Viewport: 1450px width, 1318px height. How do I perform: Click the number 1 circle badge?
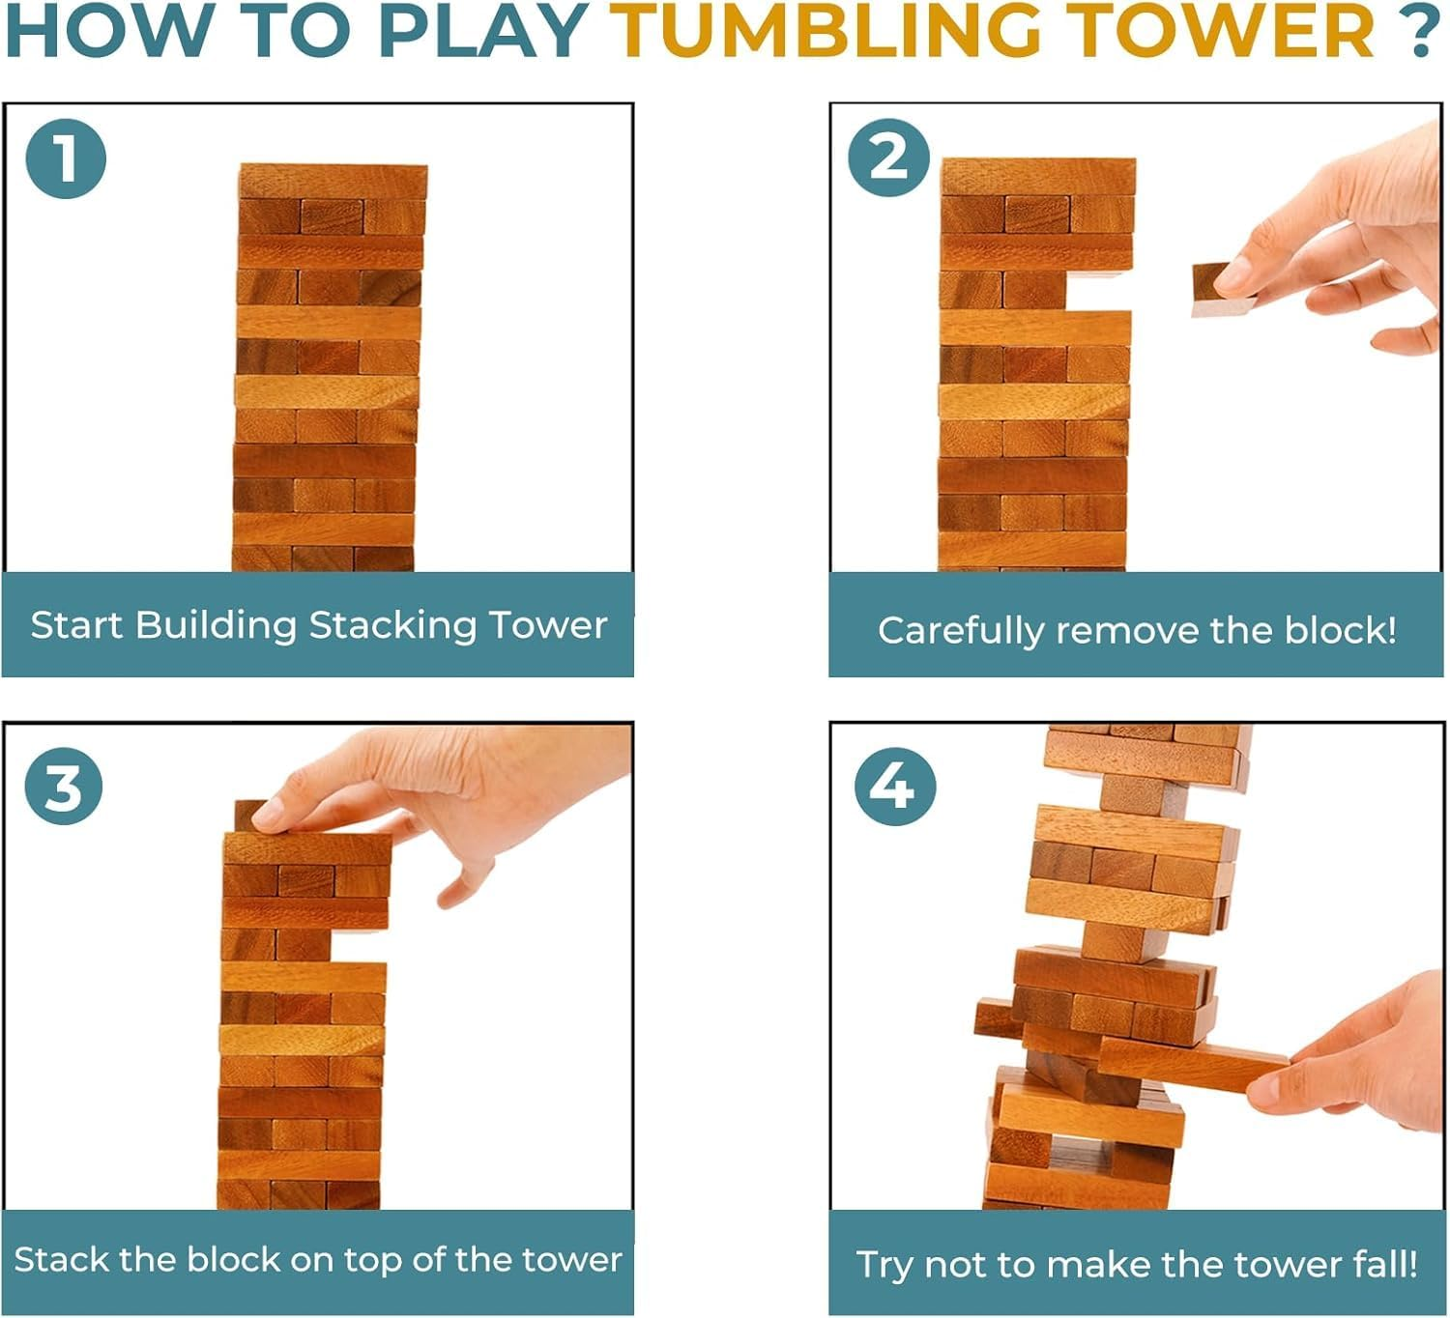[65, 158]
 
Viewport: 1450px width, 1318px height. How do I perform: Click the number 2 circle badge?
[888, 157]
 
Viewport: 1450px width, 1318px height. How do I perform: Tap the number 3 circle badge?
[64, 786]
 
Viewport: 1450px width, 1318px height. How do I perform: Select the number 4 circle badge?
[894, 786]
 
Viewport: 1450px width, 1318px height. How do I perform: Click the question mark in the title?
[1420, 31]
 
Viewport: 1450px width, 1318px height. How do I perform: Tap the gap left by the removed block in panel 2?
[1098, 291]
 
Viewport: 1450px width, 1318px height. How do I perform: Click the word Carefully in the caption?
[961, 631]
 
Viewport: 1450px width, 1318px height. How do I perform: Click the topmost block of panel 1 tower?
[333, 181]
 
